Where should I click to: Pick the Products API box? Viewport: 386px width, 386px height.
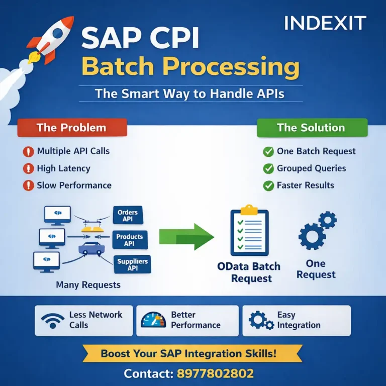tap(129, 240)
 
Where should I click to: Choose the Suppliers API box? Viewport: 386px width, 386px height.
tap(132, 264)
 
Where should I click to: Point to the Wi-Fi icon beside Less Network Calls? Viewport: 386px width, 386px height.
tap(53, 320)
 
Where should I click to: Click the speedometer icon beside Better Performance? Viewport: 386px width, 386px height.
tap(153, 320)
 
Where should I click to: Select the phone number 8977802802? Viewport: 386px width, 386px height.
tap(215, 373)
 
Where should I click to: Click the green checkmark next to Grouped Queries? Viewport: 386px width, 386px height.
tap(268, 168)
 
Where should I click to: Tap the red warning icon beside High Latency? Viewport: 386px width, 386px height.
tap(29, 168)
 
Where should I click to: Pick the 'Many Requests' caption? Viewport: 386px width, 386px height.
tap(88, 285)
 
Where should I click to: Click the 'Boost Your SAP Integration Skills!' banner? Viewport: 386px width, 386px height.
tap(188, 353)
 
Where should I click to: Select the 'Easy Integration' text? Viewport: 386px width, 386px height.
tap(299, 320)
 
